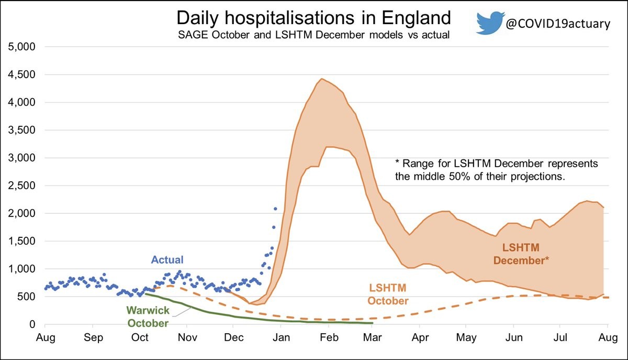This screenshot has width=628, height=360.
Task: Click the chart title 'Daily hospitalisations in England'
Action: coord(313,18)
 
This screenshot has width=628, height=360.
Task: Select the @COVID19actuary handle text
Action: coord(557,24)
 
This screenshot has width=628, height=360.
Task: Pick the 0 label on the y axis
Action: coord(31,324)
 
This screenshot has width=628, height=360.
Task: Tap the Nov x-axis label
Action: coord(187,339)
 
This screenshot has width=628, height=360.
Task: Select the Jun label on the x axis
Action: coord(513,339)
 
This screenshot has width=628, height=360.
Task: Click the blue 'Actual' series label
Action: coord(167,259)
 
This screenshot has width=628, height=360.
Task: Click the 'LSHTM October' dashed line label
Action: coord(388,294)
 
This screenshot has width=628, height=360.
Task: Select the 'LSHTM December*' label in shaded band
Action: coord(529,253)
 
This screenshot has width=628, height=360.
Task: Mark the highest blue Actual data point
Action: coord(275,209)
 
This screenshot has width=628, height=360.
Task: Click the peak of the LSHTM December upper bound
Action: coord(321,79)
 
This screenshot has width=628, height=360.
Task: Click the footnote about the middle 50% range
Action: coord(496,170)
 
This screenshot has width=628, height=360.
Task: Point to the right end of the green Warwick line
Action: coord(372,323)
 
